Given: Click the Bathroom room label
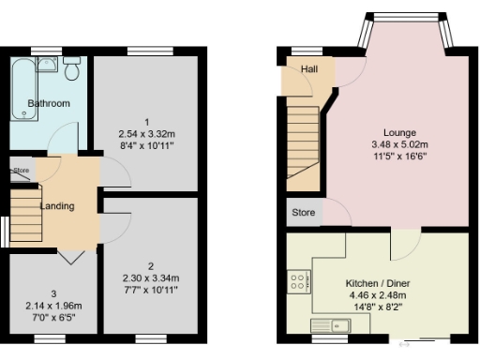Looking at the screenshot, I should click(x=48, y=103).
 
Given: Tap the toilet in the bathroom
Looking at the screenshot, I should click(x=72, y=68).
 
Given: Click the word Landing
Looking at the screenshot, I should click(x=57, y=205).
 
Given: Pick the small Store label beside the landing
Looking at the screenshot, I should click(x=22, y=170).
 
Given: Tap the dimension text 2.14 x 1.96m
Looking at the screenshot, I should click(x=53, y=306).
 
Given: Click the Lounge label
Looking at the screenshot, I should click(x=399, y=132).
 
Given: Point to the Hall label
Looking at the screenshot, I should click(x=308, y=70).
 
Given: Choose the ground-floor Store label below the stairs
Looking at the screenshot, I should click(x=304, y=213).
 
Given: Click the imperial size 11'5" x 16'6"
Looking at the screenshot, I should click(x=398, y=157).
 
